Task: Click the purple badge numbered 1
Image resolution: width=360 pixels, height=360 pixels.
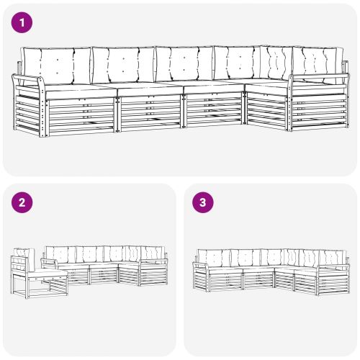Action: click(24, 23)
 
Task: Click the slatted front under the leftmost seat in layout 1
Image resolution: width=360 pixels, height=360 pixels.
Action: click(79, 112)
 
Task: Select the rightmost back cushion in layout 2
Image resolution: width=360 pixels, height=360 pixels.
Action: click(153, 253)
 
